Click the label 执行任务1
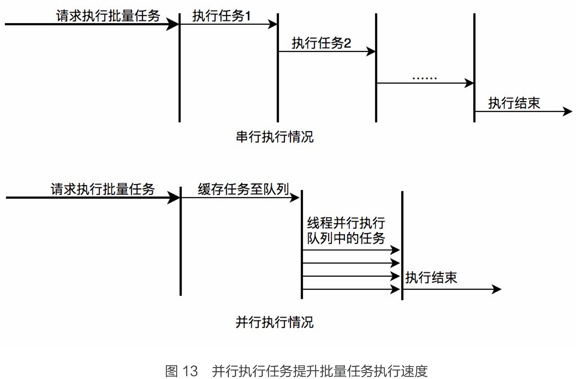(x=221, y=16)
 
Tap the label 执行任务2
(x=321, y=43)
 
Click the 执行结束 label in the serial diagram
(x=514, y=103)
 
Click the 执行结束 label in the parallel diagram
(x=431, y=277)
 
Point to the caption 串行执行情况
(x=274, y=137)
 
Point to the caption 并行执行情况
(x=274, y=322)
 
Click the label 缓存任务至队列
(x=243, y=189)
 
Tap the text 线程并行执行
(x=346, y=223)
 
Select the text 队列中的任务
(x=346, y=238)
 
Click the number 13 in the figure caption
(x=190, y=371)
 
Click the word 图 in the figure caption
(x=171, y=371)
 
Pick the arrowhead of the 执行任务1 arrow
(x=273, y=24)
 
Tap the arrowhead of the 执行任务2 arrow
(x=371, y=51)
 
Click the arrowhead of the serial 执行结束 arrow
(x=568, y=111)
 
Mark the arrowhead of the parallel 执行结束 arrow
(x=497, y=289)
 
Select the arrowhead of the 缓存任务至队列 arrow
(x=295, y=198)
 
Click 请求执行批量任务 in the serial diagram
(x=108, y=16)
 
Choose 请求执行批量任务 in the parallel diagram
(x=103, y=189)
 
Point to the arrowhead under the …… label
(x=469, y=83)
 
